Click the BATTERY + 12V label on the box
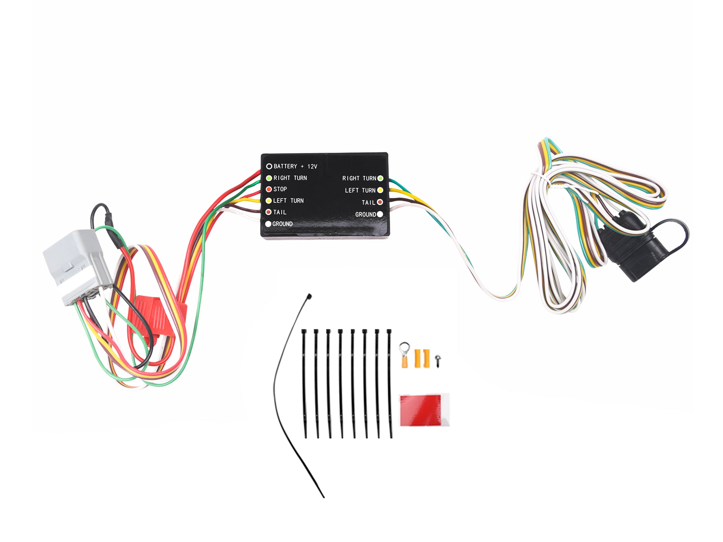click(x=295, y=166)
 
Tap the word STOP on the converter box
click(x=280, y=189)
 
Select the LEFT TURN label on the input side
click(x=288, y=201)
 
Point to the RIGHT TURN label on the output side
click(x=359, y=178)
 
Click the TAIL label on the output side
click(x=368, y=202)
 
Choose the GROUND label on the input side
click(x=282, y=224)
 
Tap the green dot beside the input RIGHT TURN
click(x=269, y=178)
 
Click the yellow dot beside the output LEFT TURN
click(x=380, y=190)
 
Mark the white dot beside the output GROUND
click(x=380, y=214)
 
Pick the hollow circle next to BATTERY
click(x=269, y=166)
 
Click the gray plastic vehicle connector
click(x=76, y=264)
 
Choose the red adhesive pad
click(x=421, y=410)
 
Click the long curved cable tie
click(x=286, y=397)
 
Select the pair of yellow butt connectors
click(x=422, y=358)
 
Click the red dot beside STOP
click(x=269, y=189)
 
